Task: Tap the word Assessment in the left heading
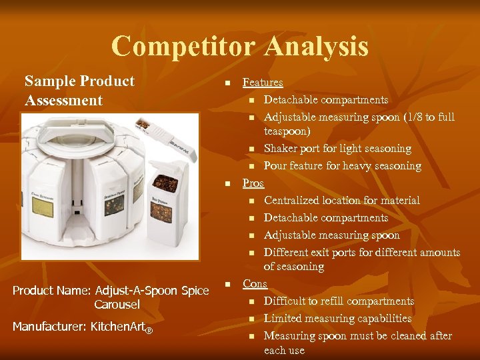pyautogui.click(x=64, y=101)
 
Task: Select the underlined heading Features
pyautogui.click(x=263, y=83)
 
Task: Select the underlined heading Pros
pyautogui.click(x=253, y=183)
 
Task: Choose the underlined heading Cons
pyautogui.click(x=255, y=284)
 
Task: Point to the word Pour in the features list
pyautogui.click(x=275, y=166)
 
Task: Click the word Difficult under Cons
pyautogui.click(x=287, y=301)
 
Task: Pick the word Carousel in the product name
pyautogui.click(x=117, y=305)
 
